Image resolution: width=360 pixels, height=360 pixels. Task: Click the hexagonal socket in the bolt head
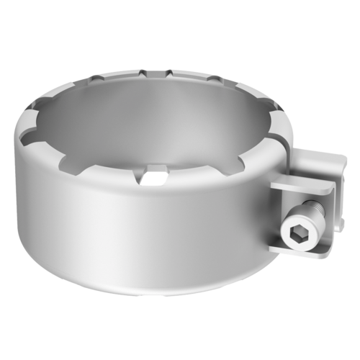[300, 232]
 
